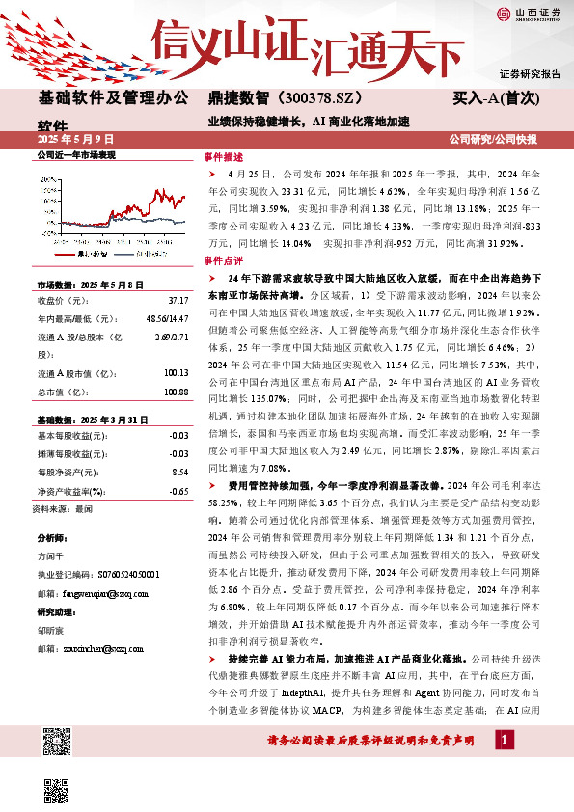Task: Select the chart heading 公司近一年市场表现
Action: (x=76, y=154)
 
